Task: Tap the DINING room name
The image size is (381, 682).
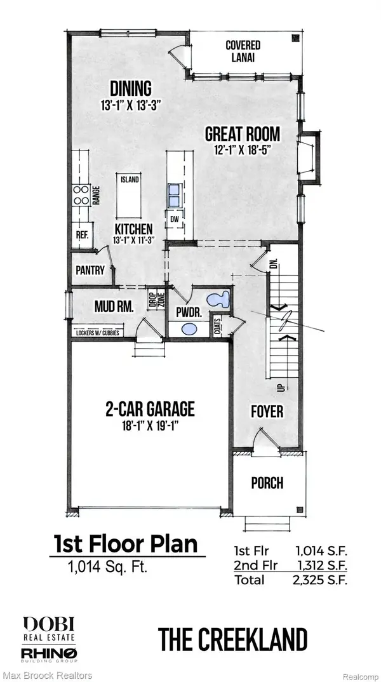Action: click(x=130, y=88)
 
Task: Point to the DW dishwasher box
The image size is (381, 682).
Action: click(x=173, y=219)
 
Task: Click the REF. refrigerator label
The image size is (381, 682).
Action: click(x=82, y=234)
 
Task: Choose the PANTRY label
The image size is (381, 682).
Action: click(x=90, y=270)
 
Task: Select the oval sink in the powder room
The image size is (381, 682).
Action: click(x=189, y=329)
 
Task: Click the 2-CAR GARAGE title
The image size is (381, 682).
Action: click(x=150, y=408)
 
